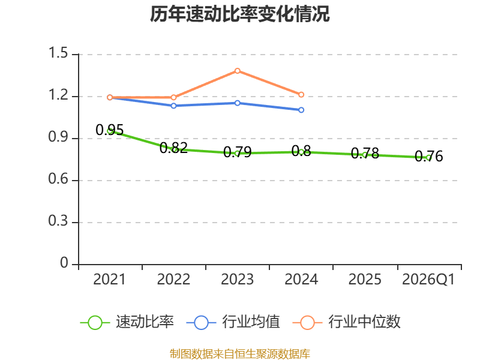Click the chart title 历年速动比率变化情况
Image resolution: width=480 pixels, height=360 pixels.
239,14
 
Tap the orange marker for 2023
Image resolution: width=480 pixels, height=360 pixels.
237,71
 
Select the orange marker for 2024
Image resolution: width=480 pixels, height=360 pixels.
301,95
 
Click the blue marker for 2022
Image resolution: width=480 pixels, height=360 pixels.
173,106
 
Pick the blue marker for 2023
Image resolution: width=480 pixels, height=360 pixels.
237,103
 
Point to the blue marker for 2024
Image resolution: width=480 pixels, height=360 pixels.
301,110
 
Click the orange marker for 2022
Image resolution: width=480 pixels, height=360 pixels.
173,97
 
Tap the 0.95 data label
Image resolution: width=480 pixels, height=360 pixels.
110,130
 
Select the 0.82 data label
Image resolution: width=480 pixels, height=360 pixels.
173,148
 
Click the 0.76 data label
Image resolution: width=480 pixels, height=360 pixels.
429,156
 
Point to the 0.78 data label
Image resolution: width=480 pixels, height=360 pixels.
365,154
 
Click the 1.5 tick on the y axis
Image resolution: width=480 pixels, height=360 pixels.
58,53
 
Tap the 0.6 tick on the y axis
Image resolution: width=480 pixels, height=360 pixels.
58,178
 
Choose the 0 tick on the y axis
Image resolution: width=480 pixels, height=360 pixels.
64,263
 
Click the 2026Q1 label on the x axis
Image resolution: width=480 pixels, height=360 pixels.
428,279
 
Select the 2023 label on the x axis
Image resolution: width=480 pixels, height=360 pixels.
237,279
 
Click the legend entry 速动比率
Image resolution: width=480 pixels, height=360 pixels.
127,322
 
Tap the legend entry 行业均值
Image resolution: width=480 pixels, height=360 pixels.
233,322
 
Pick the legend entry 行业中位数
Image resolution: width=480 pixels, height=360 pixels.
347,322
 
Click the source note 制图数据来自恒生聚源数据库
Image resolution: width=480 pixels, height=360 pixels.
239,354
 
